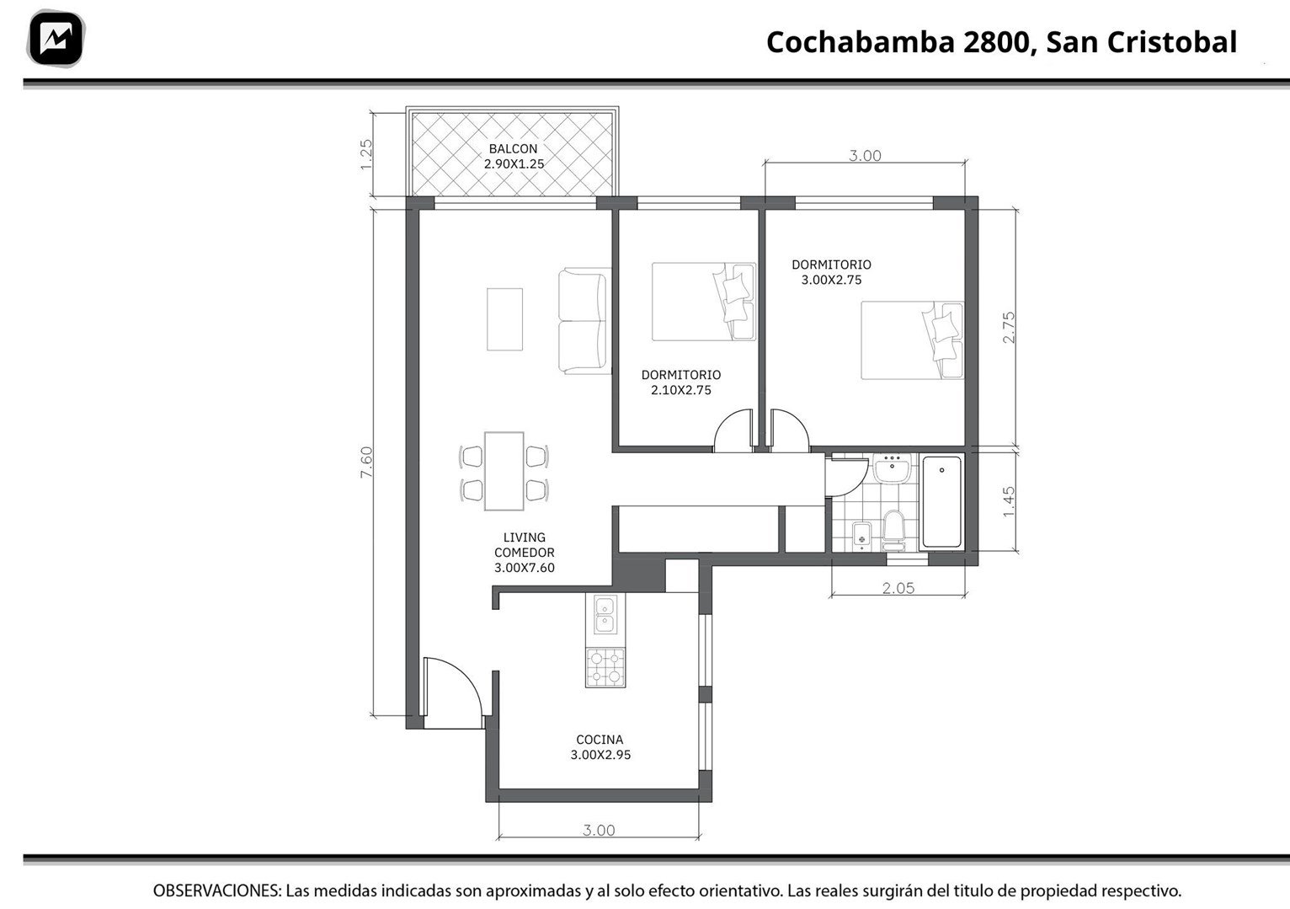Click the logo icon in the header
(x=56, y=38)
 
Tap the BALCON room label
(x=513, y=148)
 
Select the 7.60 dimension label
(x=367, y=462)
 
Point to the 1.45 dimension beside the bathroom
(x=1009, y=502)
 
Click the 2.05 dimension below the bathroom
(x=898, y=588)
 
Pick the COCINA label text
(x=600, y=740)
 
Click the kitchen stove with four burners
(x=605, y=667)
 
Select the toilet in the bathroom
(x=893, y=531)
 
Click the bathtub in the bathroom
(x=941, y=501)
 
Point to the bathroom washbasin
(x=892, y=468)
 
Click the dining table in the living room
(x=504, y=471)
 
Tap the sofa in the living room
(x=584, y=321)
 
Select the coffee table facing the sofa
(x=504, y=319)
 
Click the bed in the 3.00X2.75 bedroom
(x=912, y=340)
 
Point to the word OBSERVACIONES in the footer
(x=216, y=890)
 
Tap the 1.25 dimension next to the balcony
(x=366, y=155)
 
